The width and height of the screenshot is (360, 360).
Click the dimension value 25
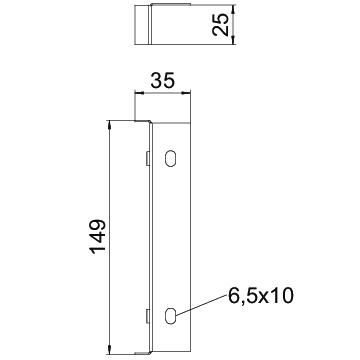221,25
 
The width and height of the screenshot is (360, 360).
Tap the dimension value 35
162,81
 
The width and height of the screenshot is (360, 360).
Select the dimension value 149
98,236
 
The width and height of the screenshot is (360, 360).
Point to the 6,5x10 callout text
260,296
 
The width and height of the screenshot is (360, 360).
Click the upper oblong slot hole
171,158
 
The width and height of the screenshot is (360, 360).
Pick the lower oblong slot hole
170,315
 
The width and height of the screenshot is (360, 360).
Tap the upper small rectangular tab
147,158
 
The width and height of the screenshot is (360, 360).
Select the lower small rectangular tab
147,316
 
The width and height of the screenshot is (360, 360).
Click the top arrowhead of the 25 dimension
234,9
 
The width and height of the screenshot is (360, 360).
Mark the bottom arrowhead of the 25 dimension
234,40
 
